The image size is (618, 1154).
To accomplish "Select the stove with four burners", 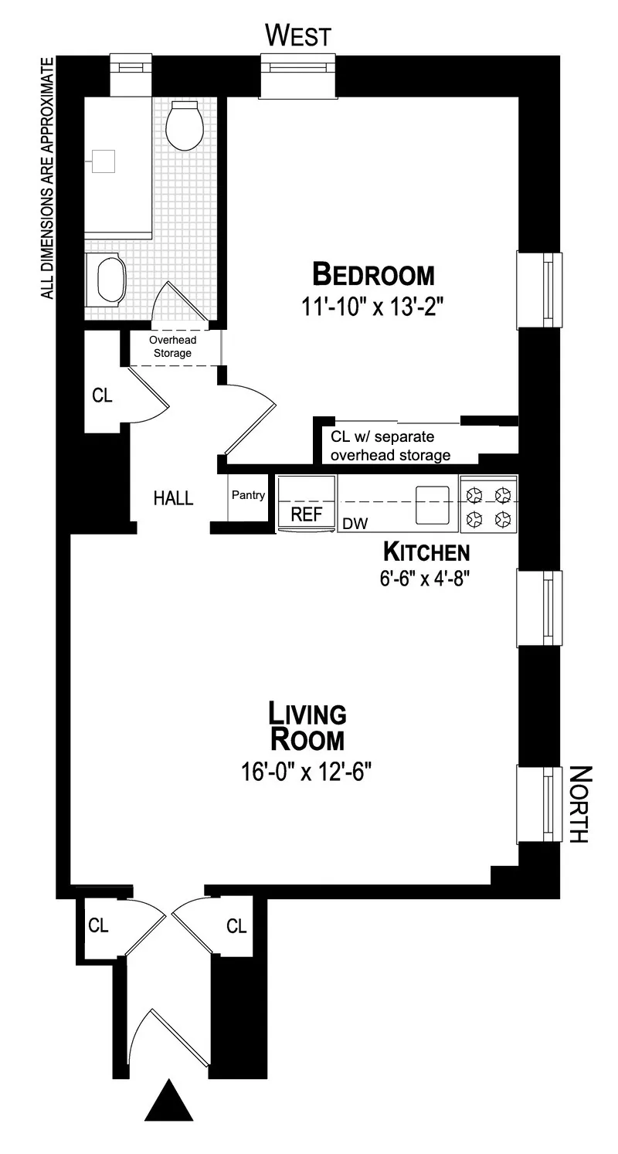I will [x=488, y=504].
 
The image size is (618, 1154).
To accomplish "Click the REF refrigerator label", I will [x=307, y=515].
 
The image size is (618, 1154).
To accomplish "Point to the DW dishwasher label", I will [x=355, y=524].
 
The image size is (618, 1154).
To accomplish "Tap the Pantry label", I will [x=248, y=495].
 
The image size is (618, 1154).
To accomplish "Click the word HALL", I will [x=173, y=498].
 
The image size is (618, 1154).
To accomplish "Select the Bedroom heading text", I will [x=373, y=274].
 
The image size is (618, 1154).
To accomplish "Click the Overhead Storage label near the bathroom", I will [x=172, y=347].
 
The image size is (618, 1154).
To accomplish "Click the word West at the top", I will [x=298, y=36].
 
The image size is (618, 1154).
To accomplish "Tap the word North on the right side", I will [x=579, y=803].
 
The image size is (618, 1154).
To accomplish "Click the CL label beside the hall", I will [x=102, y=395].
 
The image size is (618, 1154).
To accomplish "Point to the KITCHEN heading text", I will [x=426, y=552].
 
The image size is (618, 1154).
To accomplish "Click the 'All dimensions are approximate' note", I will [x=48, y=178].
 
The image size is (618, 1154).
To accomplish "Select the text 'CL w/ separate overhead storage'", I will [x=390, y=446].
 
